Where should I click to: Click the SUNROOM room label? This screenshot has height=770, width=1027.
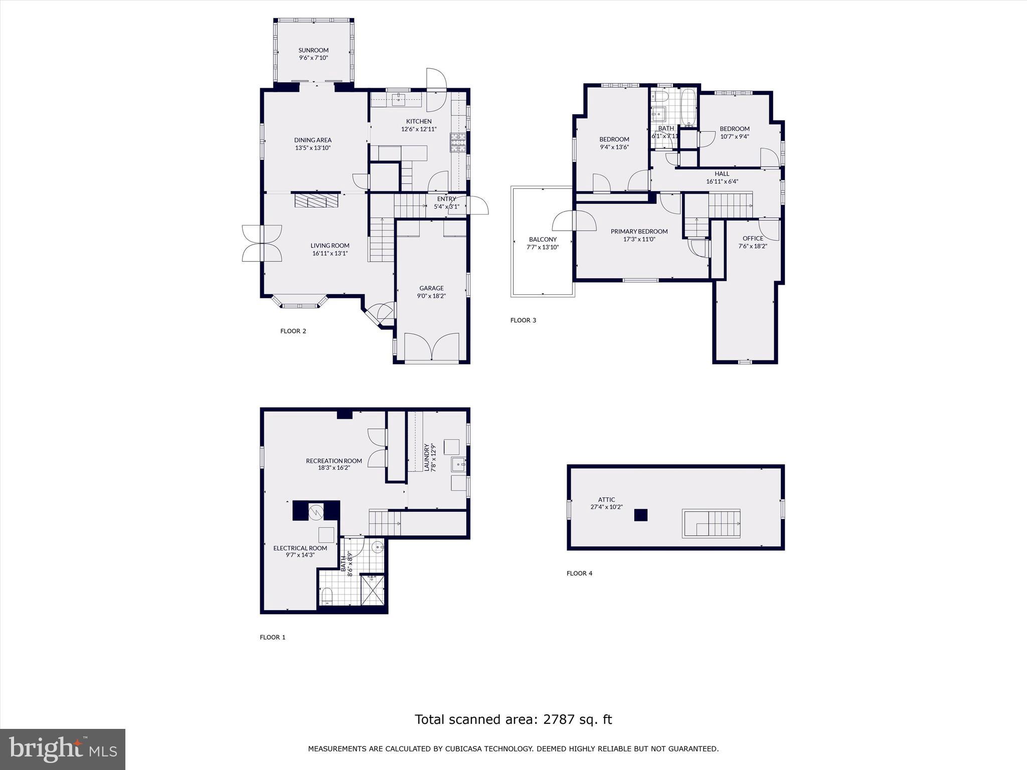click(313, 50)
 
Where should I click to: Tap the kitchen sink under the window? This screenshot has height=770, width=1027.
click(399, 99)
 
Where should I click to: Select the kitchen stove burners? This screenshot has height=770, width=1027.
click(458, 142)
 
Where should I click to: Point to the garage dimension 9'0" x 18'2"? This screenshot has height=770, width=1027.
click(431, 296)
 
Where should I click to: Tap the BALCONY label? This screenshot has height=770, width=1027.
click(543, 240)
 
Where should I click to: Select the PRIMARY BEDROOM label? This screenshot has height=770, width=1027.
click(639, 232)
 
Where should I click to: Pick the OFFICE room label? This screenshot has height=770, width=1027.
click(753, 239)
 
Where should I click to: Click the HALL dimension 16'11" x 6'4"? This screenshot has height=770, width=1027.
click(722, 182)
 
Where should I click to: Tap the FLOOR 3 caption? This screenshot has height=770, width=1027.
click(523, 320)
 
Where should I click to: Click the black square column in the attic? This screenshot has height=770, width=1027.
click(640, 515)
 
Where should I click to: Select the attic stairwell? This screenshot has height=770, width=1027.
click(711, 523)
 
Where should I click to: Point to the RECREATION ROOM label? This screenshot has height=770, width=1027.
click(334, 461)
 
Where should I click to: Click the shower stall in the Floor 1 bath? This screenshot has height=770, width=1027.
click(374, 589)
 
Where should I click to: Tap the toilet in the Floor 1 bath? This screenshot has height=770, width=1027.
click(326, 596)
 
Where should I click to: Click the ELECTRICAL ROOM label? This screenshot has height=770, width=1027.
click(300, 548)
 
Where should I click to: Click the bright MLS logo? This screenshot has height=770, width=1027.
click(63, 749)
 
